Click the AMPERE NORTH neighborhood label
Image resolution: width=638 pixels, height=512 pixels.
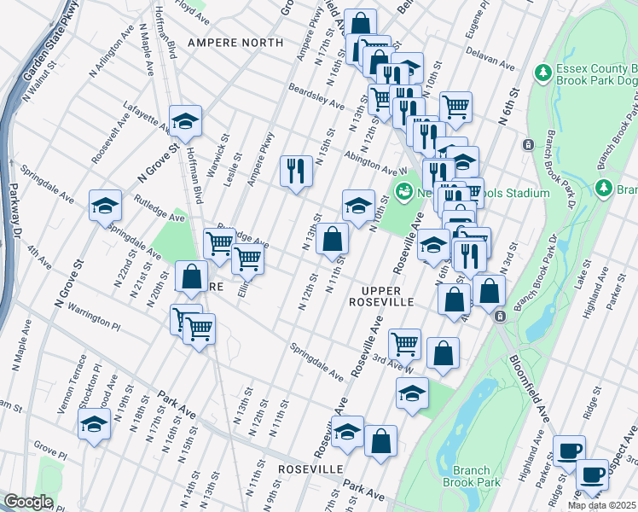click(x=235, y=42)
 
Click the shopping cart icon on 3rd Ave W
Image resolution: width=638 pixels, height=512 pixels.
click(x=404, y=344)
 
